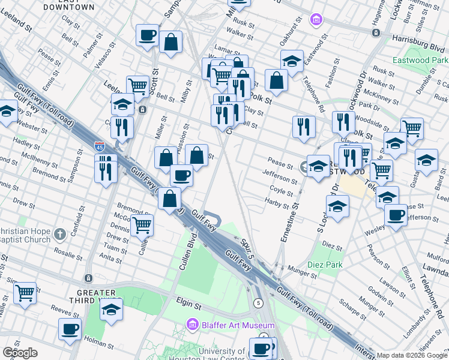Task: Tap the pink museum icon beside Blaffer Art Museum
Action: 193,325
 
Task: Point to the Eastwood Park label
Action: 420,61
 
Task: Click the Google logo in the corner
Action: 20,353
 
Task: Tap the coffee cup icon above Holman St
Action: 70,328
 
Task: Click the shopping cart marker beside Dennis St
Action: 142,226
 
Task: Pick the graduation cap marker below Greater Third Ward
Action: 111,310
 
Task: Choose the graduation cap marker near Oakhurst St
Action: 292,61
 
